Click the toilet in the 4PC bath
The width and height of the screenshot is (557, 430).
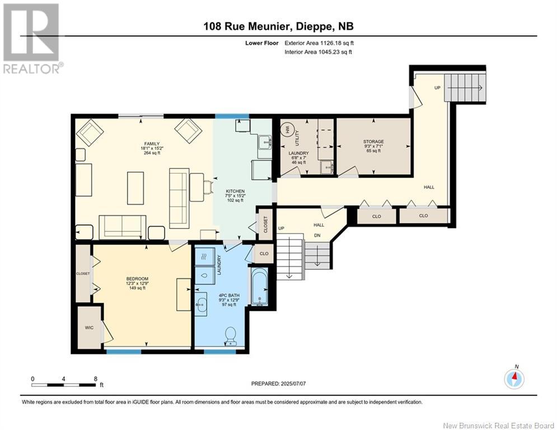[230, 334]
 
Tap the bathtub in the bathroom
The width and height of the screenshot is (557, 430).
[259, 286]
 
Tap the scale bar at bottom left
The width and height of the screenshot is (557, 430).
[64, 385]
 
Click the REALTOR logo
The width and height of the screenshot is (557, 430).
[32, 39]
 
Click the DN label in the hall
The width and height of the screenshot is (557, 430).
[316, 235]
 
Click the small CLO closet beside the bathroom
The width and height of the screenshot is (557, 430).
[264, 254]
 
